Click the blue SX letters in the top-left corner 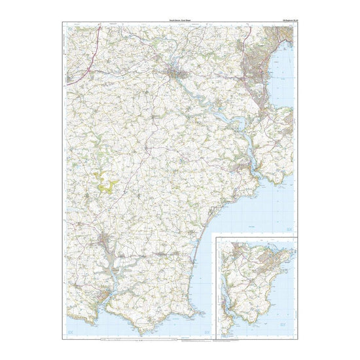tap(71, 29)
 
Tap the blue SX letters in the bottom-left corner tap(71, 332)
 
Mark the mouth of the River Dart tap(258, 179)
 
